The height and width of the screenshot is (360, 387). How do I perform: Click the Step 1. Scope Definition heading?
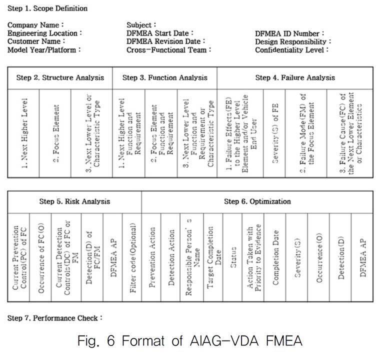47,8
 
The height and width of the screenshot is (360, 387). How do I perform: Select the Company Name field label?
35,25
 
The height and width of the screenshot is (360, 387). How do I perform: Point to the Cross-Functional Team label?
169,50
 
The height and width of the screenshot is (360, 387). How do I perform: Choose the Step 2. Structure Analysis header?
60,77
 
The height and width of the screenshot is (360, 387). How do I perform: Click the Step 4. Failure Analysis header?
295,77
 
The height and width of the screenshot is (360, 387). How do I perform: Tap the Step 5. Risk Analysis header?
75,201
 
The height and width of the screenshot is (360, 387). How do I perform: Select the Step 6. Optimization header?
257,201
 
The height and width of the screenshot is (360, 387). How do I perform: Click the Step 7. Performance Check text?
55,318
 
